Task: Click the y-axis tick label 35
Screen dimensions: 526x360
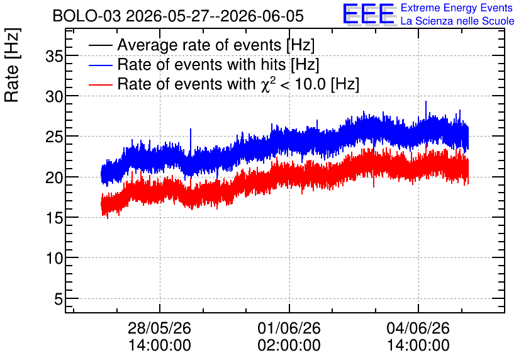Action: click(54, 56)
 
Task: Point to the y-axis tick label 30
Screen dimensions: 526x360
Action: click(54, 97)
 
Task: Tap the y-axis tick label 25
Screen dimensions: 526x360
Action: click(54, 137)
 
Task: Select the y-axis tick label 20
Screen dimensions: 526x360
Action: click(54, 177)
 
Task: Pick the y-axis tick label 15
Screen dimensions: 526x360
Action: click(54, 218)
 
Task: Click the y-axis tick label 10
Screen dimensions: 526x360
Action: click(54, 258)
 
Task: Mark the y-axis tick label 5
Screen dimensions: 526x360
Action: click(59, 299)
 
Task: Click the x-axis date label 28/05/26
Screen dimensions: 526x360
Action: click(159, 328)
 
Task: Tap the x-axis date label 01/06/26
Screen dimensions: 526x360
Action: click(289, 328)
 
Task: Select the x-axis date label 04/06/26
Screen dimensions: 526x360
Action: click(418, 328)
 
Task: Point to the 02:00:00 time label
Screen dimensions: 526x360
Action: click(289, 345)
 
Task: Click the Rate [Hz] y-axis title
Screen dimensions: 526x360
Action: click(12, 65)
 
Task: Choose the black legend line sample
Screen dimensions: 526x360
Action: click(100, 45)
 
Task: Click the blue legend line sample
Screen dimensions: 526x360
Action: click(100, 65)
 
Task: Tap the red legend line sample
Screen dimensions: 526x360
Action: click(100, 84)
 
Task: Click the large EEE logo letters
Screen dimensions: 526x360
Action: click(369, 14)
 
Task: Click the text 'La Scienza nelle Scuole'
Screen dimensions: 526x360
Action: click(457, 21)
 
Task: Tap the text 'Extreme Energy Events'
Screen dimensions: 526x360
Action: click(457, 8)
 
